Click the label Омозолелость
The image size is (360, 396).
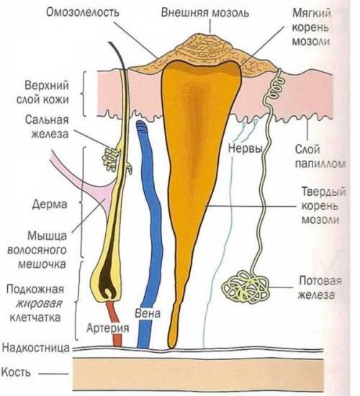(82, 12)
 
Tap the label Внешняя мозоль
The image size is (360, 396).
(205, 12)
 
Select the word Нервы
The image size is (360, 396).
(245, 148)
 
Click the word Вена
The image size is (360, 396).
(148, 313)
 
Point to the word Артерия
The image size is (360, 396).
(108, 328)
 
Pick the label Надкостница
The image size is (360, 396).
(35, 348)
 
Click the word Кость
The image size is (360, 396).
(16, 372)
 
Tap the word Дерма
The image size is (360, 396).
(50, 204)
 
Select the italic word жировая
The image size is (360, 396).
(39, 303)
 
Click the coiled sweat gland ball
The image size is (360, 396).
(245, 287)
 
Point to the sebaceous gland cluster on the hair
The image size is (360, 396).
(111, 159)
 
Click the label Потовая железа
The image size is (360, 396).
(320, 287)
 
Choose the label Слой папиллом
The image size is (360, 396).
(320, 156)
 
